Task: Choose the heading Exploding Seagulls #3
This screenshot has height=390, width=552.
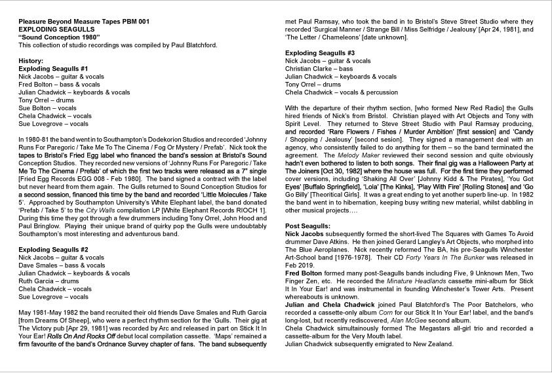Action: tap(320, 52)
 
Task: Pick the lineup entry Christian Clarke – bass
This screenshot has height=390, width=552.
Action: tap(319, 68)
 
